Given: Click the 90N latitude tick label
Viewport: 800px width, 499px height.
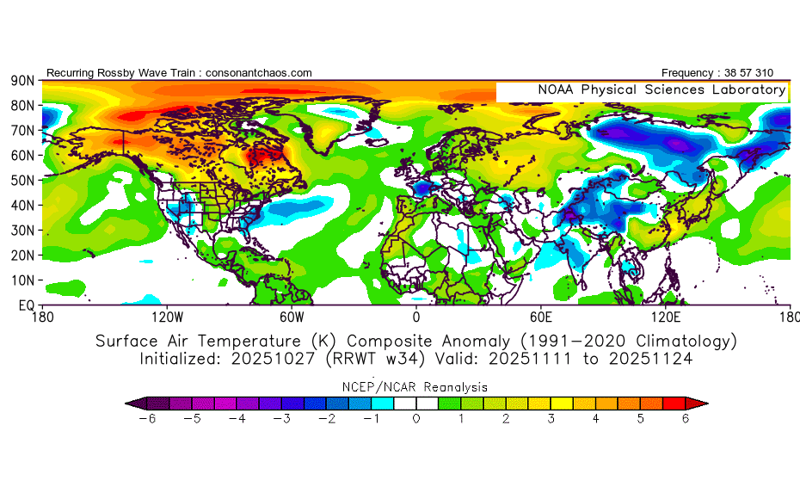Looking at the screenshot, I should point(22,81).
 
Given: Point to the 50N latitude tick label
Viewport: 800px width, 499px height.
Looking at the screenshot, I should point(22,181).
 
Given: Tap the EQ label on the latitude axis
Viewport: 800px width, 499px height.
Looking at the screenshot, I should point(25,305).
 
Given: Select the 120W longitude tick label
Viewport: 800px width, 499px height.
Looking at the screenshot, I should point(167,317).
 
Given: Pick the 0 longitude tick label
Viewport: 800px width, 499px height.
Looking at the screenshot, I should point(416,317).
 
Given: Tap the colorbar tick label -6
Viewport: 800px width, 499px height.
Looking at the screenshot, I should point(147,419).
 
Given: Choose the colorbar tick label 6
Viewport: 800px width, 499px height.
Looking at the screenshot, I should point(686,419).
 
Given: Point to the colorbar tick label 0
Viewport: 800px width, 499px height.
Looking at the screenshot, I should point(416,419).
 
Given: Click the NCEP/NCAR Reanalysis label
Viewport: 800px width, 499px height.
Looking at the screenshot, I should point(416,387).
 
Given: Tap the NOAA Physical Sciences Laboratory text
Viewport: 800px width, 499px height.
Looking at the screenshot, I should point(661,89).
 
